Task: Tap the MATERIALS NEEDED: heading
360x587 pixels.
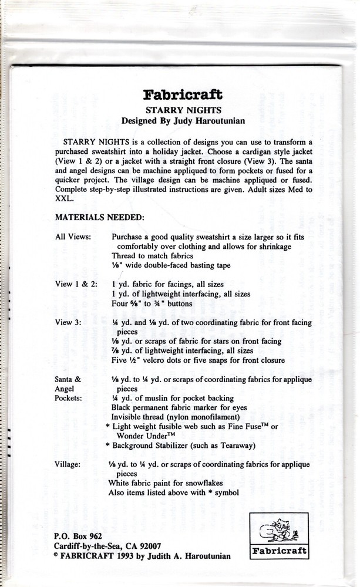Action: pyautogui.click(x=99, y=217)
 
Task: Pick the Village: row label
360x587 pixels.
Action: pyautogui.click(x=68, y=463)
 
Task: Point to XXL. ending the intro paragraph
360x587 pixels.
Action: pyautogui.click(x=63, y=199)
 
